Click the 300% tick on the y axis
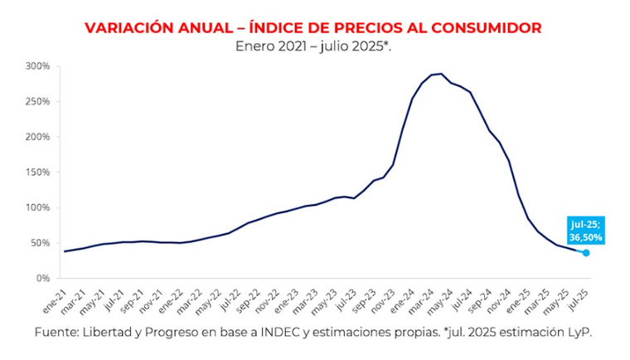pos(38,66)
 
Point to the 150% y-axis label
pos(38,172)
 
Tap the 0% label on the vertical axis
pos(43,279)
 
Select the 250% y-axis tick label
pos(38,101)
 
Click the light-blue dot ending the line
pos(586,253)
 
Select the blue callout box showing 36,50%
pos(586,230)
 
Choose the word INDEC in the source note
pos(288,332)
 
